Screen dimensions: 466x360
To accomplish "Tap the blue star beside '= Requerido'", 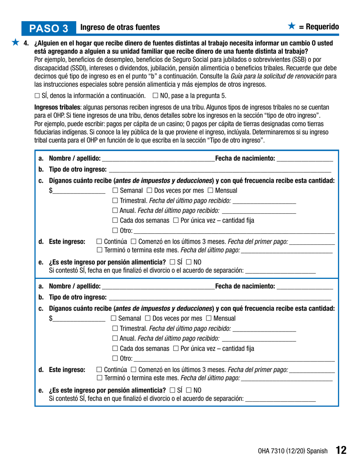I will coord(291,26).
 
